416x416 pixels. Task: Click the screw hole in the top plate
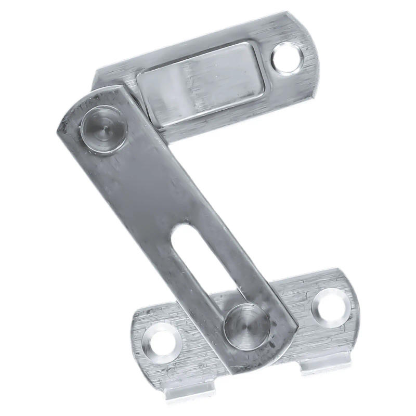(x=287, y=57)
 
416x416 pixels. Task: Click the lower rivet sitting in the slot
(x=246, y=326)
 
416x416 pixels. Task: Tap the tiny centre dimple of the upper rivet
(x=102, y=126)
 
